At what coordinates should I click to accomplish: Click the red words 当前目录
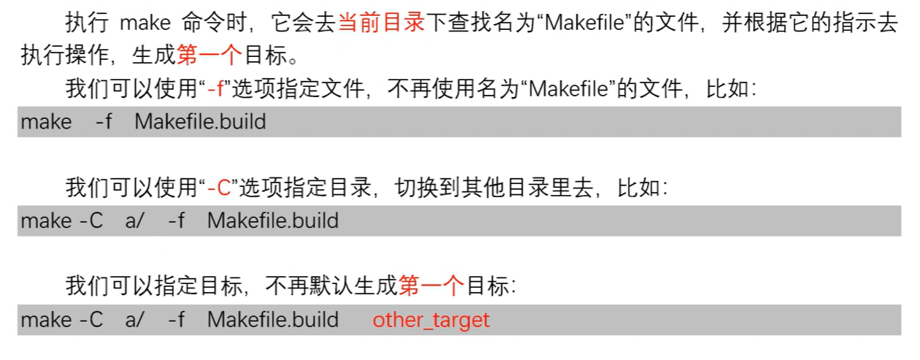pyautogui.click(x=381, y=23)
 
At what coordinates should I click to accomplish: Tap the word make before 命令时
pyautogui.click(x=144, y=23)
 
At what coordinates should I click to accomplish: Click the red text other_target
pyautogui.click(x=431, y=320)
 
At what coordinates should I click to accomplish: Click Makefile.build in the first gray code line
pyautogui.click(x=200, y=121)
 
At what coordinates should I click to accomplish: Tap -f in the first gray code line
pyautogui.click(x=104, y=121)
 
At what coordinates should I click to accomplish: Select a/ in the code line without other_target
pyautogui.click(x=134, y=221)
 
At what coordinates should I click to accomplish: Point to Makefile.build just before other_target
pyautogui.click(x=272, y=320)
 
